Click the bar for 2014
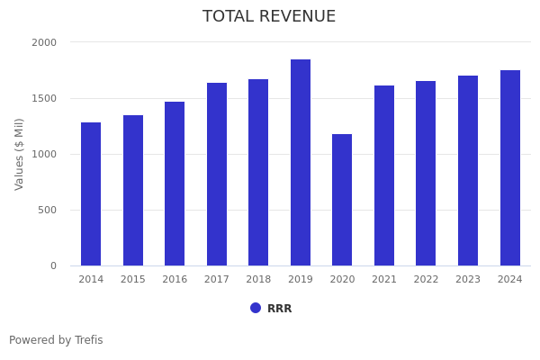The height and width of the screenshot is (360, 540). point(91,193)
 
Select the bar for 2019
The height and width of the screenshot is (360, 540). point(301,162)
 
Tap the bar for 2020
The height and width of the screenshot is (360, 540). point(342,200)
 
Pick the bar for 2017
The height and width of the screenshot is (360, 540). point(217,174)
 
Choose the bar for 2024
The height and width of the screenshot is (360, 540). point(510,167)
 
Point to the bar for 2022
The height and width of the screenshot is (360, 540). point(426,173)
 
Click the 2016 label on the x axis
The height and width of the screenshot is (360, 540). point(175,280)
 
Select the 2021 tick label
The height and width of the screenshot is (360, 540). point(384,280)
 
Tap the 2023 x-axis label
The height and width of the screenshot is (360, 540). point(468,280)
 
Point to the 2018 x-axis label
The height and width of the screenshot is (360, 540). point(258,280)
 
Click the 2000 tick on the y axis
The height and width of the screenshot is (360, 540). point(44,42)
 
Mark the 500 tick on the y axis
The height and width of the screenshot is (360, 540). point(48,210)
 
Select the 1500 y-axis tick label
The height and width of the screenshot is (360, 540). point(44,98)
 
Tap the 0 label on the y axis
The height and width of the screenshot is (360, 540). point(53,265)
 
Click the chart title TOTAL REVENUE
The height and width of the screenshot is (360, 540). point(269,17)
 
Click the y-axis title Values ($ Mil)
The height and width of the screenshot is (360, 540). point(20,154)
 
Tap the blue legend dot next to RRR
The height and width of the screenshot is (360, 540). point(256,308)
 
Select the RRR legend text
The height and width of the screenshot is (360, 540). point(279,309)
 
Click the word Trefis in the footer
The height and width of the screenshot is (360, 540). point(87,340)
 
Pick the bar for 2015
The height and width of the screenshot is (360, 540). point(133,190)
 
